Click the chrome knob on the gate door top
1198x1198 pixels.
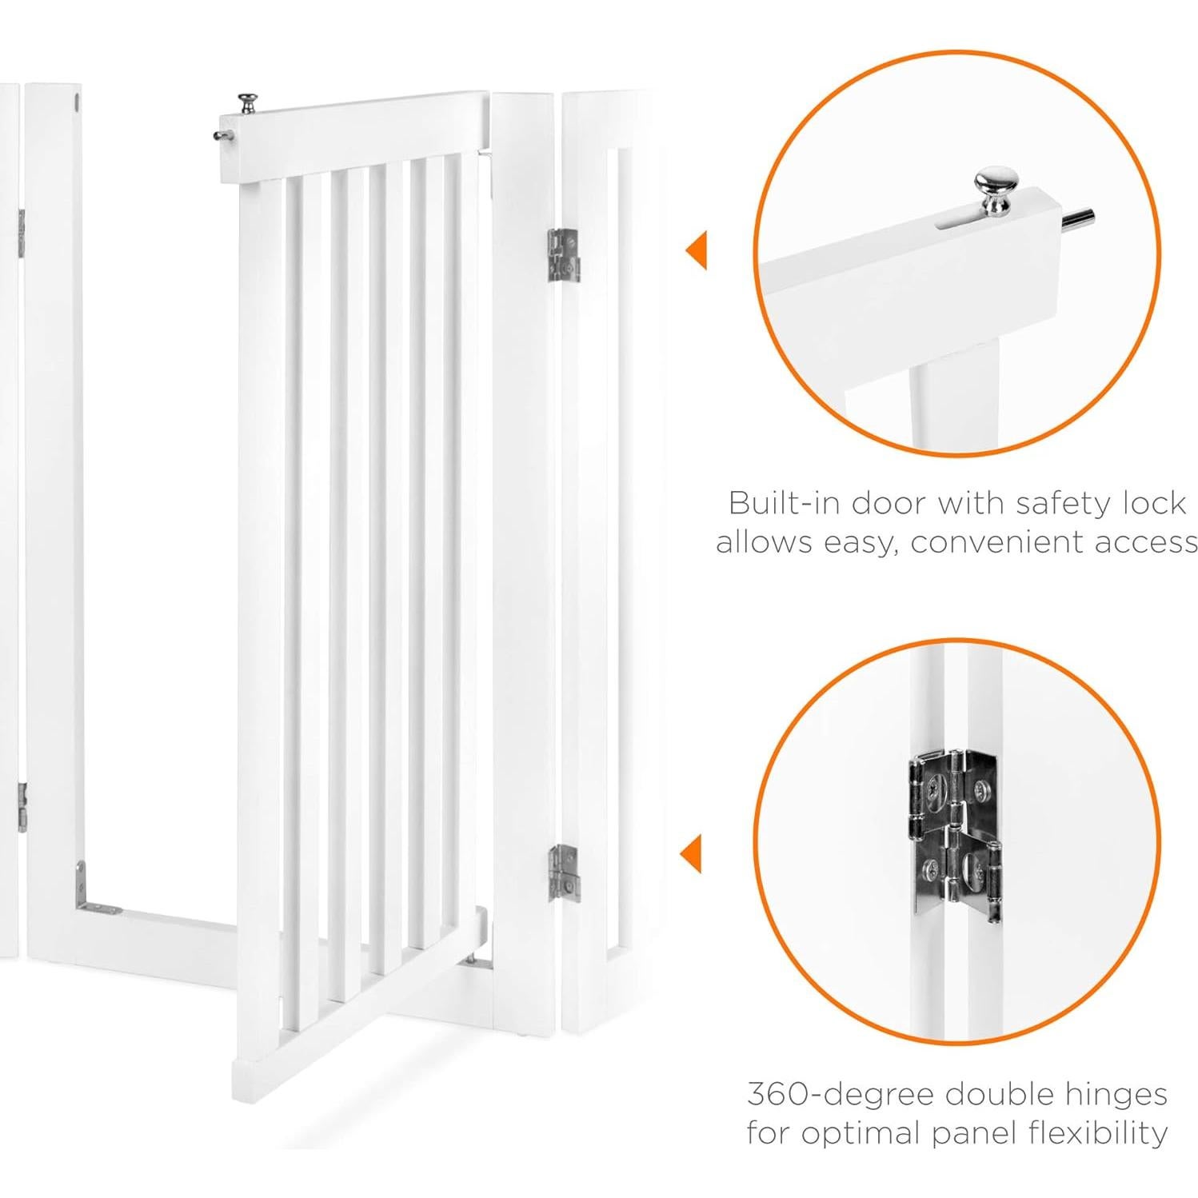[x=247, y=103]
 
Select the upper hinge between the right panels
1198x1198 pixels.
[x=563, y=255]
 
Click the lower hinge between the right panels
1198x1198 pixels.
[x=563, y=874]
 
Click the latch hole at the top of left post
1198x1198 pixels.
[x=77, y=102]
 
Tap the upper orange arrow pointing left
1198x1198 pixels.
[x=697, y=251]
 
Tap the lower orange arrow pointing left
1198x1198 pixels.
[x=691, y=853]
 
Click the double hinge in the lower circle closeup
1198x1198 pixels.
[x=955, y=832]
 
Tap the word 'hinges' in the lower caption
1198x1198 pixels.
[x=1111, y=1093]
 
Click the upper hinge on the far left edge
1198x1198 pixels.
[x=21, y=234]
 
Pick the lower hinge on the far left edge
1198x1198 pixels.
[x=22, y=807]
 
